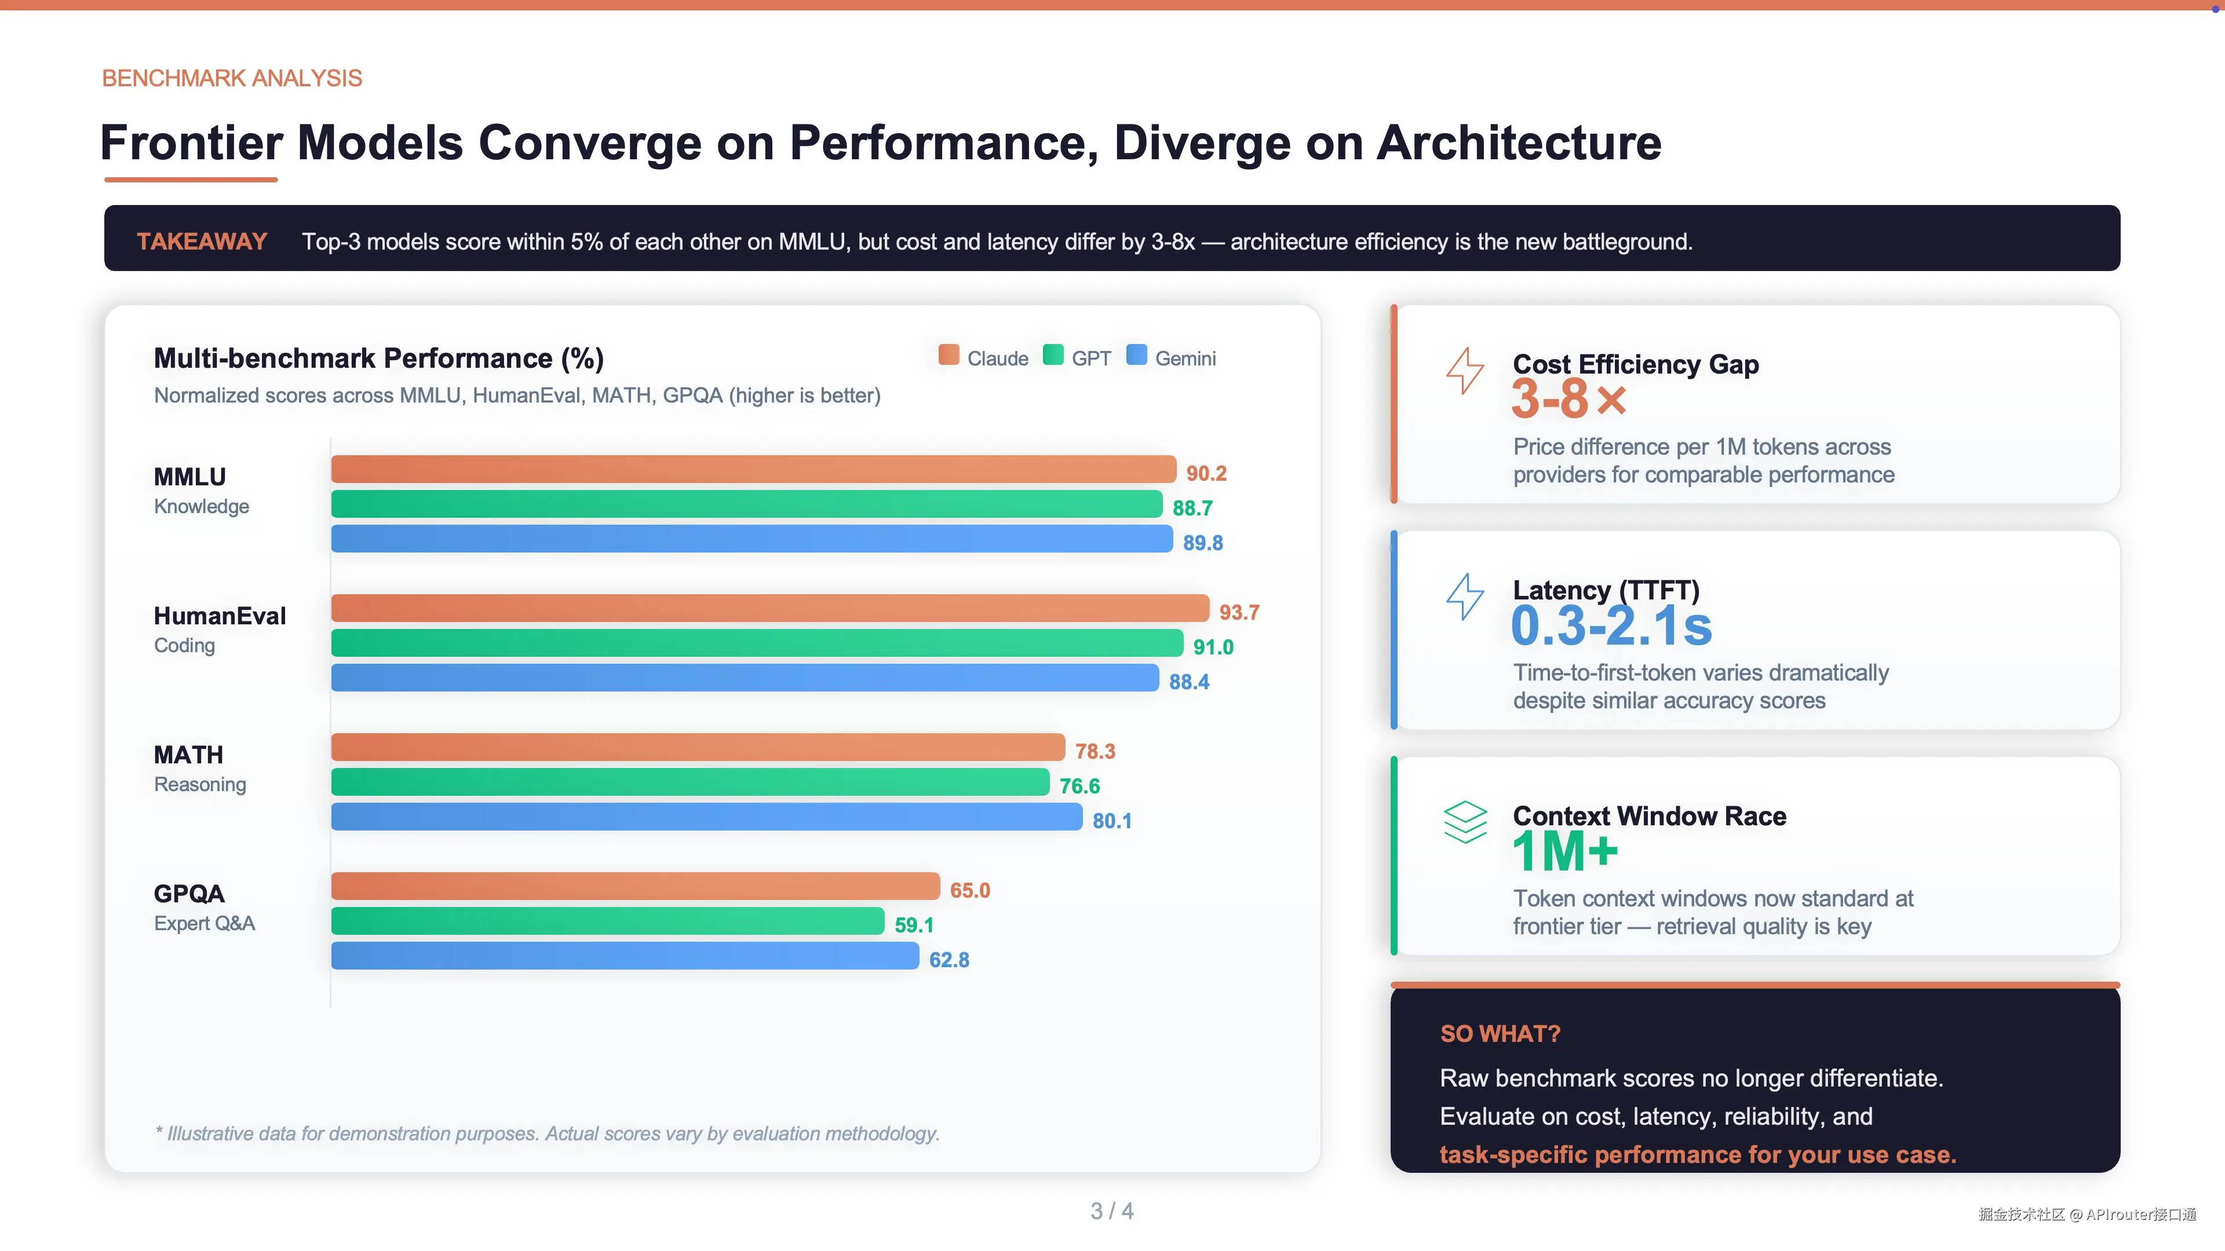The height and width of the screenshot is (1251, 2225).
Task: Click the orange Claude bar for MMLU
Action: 753,469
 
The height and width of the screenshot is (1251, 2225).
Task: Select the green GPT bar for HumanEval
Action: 757,643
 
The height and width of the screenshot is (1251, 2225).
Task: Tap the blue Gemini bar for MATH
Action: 706,817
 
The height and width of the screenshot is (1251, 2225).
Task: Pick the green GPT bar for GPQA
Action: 607,921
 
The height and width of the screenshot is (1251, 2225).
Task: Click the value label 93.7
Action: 1239,613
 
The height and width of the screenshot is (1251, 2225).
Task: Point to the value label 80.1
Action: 1112,821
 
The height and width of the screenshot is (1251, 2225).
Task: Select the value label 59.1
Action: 914,926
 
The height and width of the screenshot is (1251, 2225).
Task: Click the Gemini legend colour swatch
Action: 1137,356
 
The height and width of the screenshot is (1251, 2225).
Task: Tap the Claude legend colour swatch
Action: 949,356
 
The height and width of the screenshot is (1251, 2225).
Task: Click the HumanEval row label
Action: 220,616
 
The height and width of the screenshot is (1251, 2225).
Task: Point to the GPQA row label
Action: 189,894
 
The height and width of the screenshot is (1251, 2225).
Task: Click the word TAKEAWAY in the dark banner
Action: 202,242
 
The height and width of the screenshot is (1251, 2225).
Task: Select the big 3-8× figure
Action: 1569,400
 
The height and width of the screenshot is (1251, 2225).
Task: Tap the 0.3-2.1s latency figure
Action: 1611,626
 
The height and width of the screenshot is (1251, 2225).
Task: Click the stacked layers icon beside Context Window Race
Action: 1465,822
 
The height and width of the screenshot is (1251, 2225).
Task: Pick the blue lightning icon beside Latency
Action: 1465,597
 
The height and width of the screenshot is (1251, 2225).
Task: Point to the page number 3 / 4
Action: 1112,1211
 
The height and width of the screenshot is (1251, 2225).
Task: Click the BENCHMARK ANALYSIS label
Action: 232,79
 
